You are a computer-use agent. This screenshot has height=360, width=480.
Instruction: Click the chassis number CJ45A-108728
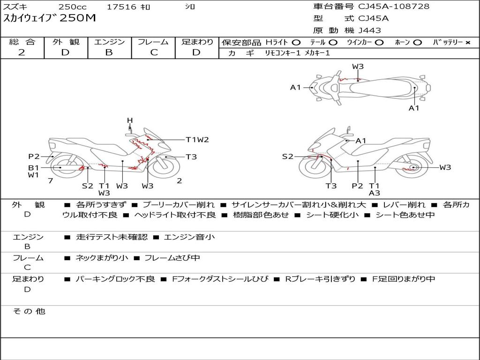[x=394, y=7]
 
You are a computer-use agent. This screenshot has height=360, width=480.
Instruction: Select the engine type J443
[x=369, y=30]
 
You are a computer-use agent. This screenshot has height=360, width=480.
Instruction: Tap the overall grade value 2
[x=22, y=52]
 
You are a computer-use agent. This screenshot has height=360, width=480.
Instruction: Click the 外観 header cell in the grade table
[x=66, y=42]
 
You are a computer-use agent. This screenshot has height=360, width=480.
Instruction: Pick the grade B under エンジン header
[x=109, y=52]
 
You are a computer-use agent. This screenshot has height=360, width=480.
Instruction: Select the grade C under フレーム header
[x=154, y=52]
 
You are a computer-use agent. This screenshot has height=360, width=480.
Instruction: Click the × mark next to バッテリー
[x=468, y=43]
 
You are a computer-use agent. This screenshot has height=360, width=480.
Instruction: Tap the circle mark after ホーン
[x=417, y=43]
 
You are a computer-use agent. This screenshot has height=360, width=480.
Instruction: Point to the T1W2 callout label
[x=197, y=140]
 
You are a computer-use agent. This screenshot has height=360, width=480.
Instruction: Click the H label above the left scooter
[x=130, y=120]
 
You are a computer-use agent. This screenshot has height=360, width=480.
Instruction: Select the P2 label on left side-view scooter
[x=34, y=157]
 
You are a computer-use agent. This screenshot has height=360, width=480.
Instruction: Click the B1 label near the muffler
[x=34, y=168]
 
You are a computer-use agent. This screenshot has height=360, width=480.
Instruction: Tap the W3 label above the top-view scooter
[x=358, y=67]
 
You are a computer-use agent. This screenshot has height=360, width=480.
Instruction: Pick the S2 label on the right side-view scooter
[x=287, y=157]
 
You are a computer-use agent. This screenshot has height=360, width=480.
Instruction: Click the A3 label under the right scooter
[x=375, y=193]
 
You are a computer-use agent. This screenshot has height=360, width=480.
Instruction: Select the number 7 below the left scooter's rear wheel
[x=51, y=181]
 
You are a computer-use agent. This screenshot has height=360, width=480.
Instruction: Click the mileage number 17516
[x=121, y=7]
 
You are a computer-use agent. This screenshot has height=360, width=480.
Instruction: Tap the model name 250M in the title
[x=78, y=18]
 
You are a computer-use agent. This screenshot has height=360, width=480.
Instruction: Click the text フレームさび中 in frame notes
[x=172, y=258]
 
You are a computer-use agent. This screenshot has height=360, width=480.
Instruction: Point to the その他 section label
[x=29, y=311]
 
